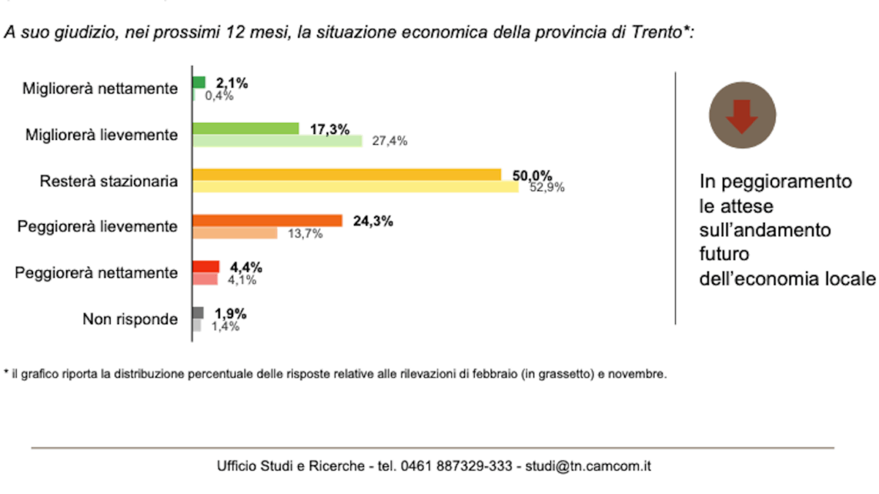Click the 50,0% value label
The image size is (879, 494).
(531, 175)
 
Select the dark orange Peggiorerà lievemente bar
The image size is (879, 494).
(267, 220)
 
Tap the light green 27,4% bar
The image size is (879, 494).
(277, 141)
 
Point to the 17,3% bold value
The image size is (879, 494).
(328, 129)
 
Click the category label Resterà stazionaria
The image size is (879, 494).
(108, 181)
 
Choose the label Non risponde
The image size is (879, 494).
(130, 319)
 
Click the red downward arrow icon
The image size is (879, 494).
(742, 116)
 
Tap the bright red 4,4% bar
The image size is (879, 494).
(206, 266)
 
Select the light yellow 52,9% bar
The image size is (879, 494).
(355, 187)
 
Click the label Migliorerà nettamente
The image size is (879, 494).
(100, 89)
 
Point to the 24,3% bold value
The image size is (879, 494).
(373, 220)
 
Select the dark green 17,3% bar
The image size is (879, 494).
(245, 129)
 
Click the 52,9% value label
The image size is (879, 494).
(547, 187)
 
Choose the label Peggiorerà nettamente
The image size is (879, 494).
(97, 273)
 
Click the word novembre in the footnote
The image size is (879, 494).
(640, 375)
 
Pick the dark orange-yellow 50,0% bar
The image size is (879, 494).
(346, 174)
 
